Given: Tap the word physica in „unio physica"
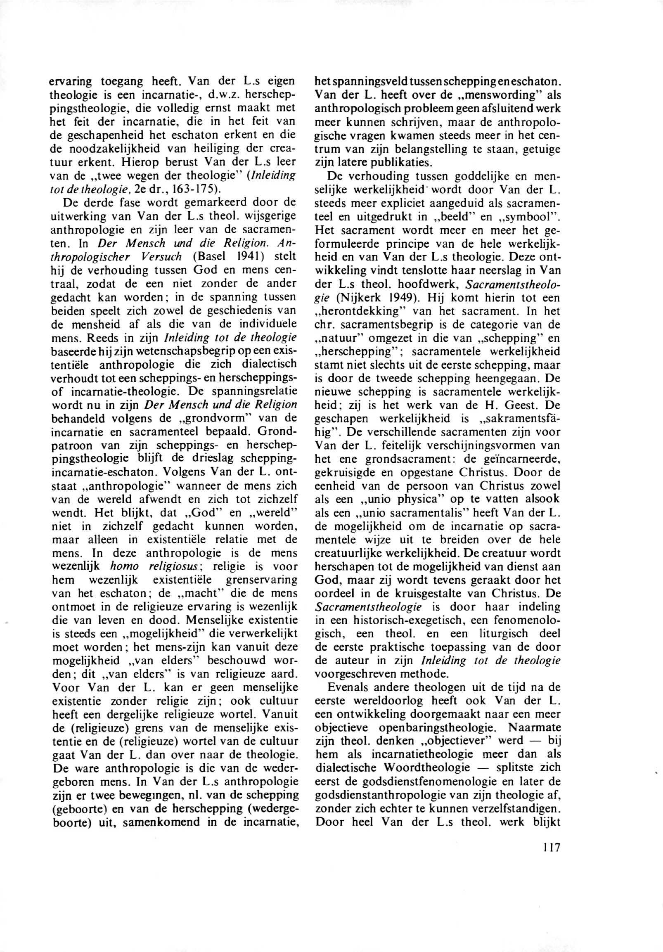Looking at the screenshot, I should pyautogui.click(x=404, y=499).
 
